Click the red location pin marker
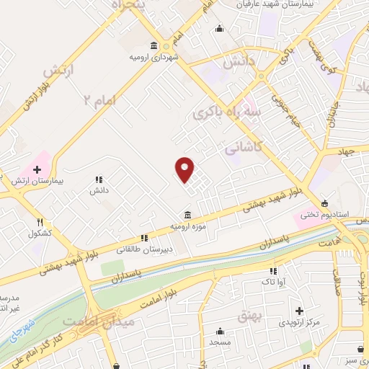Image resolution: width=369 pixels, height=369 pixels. [185, 169]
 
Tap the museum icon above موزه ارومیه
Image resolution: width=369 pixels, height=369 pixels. [187, 215]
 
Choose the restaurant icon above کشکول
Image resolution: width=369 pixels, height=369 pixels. [40, 222]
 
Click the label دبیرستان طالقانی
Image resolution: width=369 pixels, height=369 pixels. [140, 249]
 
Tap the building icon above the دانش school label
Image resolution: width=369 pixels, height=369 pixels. [99, 179]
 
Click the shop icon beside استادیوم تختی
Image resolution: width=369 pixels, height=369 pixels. [325, 203]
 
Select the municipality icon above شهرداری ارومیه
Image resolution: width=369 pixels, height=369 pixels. [153, 45]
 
